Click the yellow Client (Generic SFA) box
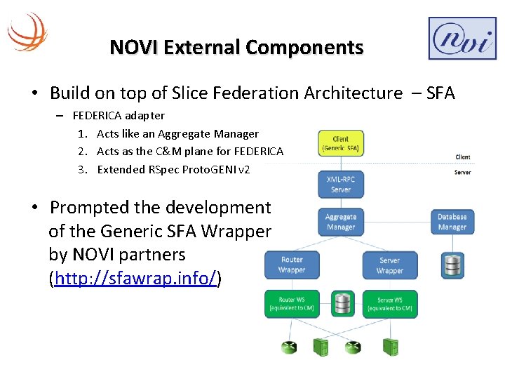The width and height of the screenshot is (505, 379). point(340,144)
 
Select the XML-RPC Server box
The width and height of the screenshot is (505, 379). point(340,185)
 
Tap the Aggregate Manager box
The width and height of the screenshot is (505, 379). point(340,222)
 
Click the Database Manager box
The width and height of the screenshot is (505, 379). point(452,222)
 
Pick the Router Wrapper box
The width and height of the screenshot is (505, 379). point(292,265)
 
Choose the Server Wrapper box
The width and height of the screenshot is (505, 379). point(389,265)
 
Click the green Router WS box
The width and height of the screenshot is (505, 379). point(292,304)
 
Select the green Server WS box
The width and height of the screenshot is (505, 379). point(389,304)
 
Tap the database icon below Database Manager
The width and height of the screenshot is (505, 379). point(452,265)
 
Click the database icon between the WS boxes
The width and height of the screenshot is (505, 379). point(342,304)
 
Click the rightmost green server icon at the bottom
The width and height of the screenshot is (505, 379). point(389,347)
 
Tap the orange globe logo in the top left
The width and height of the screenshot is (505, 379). point(27,31)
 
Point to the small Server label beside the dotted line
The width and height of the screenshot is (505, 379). point(462,172)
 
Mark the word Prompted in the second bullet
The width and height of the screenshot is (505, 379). point(90,208)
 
